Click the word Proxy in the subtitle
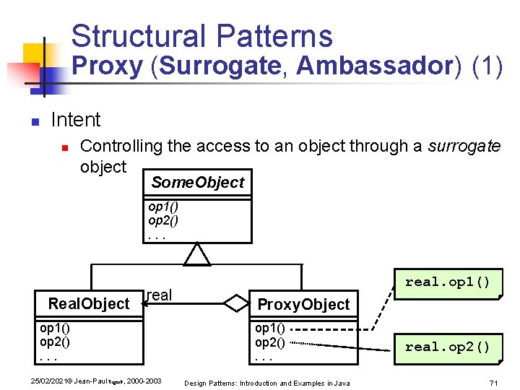[108, 66]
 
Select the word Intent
[76, 120]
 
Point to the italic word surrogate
[464, 146]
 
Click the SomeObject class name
[198, 183]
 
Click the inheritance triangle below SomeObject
[197, 254]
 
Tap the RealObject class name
[88, 303]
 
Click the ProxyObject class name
[303, 304]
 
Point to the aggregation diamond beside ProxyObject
[235, 303]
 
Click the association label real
[159, 295]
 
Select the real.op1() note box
[447, 282]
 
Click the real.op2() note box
[447, 347]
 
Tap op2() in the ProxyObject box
[269, 342]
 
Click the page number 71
[494, 382]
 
